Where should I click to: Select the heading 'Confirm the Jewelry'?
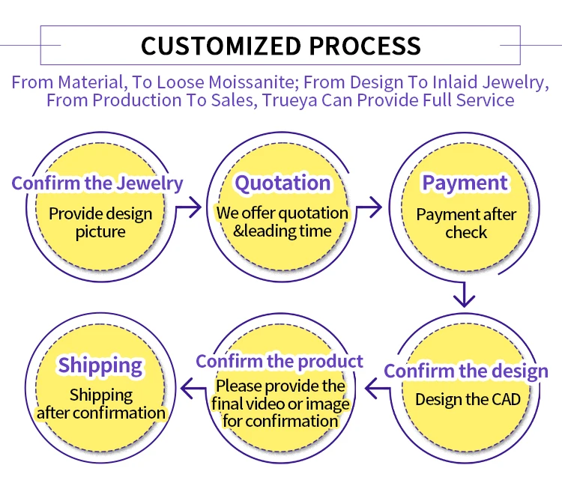click(97, 183)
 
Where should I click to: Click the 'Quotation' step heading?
click(282, 183)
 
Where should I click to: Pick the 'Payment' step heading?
click(465, 183)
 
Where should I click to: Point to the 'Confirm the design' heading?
click(466, 371)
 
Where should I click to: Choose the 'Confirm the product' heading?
click(280, 362)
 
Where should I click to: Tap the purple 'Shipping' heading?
click(100, 365)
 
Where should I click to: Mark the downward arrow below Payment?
click(465, 295)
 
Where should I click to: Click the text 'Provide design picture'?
click(100, 222)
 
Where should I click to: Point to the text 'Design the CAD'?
click(468, 398)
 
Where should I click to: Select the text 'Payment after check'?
click(466, 223)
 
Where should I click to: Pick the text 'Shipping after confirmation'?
click(100, 404)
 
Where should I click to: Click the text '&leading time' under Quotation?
click(282, 231)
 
